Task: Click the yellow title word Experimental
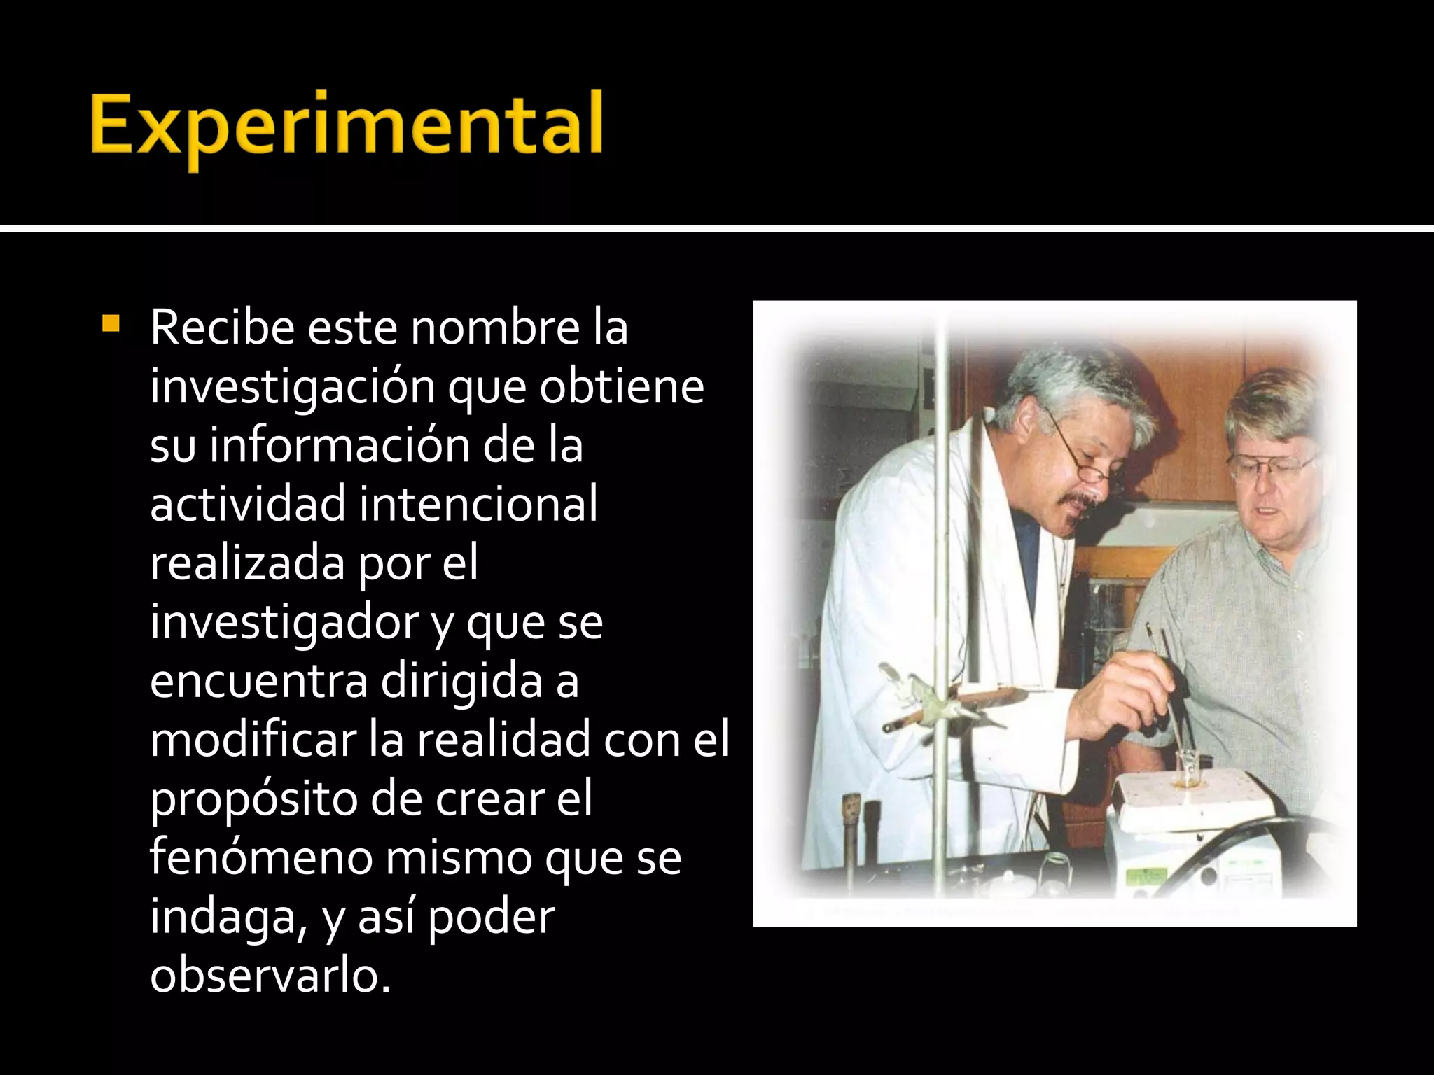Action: point(347,126)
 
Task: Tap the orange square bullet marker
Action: point(111,324)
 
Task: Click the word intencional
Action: point(479,504)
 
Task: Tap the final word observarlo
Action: point(270,976)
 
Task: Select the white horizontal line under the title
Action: point(717,228)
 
